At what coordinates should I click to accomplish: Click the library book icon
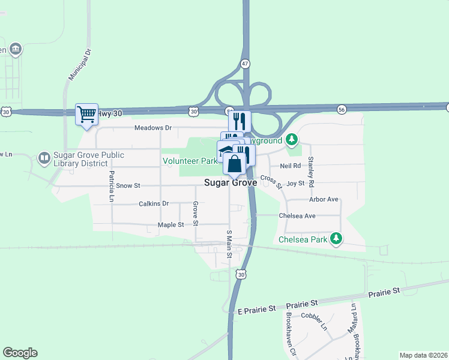(44, 158)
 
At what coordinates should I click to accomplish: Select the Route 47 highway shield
(245, 64)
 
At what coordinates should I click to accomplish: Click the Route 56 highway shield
(342, 109)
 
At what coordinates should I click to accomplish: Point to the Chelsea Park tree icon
(337, 239)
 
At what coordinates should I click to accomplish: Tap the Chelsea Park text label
(303, 239)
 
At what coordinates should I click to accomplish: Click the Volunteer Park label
(190, 161)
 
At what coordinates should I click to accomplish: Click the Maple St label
(170, 224)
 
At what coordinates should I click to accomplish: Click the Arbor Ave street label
(324, 199)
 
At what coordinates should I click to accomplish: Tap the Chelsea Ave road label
(297, 216)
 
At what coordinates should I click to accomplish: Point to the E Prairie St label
(256, 309)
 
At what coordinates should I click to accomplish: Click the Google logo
(20, 353)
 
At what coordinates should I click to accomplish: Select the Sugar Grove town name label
(231, 182)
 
